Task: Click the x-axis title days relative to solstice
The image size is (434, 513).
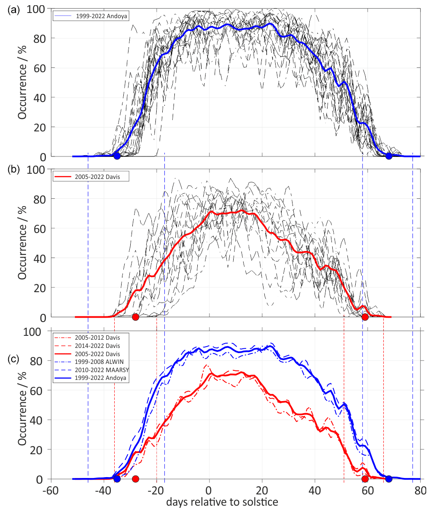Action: (222, 502)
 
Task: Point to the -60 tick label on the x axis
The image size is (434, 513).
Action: (51, 491)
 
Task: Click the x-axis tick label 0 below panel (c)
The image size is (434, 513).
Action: (209, 491)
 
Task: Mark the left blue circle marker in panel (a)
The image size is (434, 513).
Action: (117, 156)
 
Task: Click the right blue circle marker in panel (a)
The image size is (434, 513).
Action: (389, 156)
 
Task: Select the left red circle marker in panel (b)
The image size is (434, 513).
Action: (135, 317)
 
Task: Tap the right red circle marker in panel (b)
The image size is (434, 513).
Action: (365, 317)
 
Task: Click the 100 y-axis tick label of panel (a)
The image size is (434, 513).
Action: (39, 9)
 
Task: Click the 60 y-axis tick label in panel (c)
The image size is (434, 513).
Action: (41, 390)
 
